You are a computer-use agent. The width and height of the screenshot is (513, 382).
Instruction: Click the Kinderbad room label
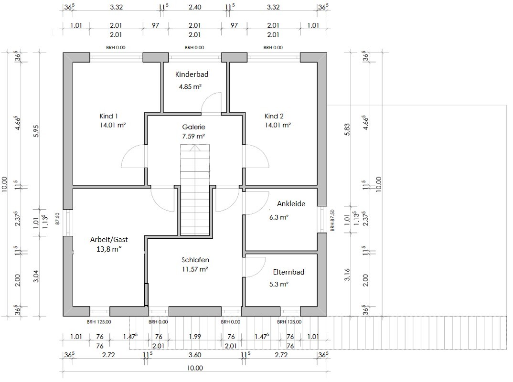(192, 74)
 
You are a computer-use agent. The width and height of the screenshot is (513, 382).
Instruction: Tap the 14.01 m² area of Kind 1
(113, 125)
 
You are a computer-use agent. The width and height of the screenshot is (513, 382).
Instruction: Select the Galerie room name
(193, 127)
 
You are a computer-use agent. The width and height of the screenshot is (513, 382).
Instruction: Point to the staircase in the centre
(195, 190)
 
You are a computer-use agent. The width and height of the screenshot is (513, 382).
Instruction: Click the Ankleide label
(291, 204)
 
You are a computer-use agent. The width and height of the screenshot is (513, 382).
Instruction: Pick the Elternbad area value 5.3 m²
(279, 284)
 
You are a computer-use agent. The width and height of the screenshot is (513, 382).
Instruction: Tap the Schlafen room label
(195, 260)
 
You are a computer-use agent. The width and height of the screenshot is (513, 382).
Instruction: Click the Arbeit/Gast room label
(109, 239)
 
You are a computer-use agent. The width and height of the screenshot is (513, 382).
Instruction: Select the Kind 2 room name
(274, 116)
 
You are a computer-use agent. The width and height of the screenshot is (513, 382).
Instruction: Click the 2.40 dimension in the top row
(195, 7)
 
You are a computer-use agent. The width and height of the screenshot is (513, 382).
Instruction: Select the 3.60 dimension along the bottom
(195, 355)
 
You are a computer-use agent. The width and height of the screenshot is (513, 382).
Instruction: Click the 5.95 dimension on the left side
(36, 131)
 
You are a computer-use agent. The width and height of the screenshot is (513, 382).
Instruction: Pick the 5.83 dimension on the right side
(347, 129)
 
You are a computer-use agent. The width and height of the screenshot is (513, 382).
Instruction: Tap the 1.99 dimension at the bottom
(195, 337)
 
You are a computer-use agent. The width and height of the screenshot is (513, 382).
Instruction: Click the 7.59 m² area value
(193, 136)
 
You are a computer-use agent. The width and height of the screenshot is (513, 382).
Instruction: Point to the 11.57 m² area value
(195, 269)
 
